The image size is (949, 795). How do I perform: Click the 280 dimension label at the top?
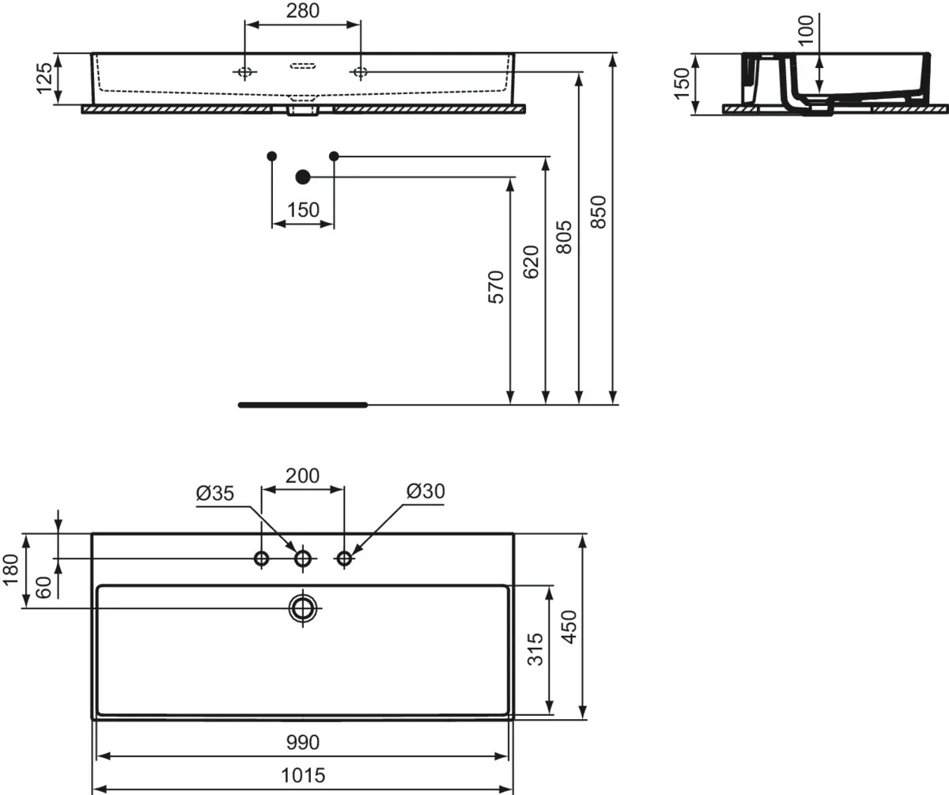[x=303, y=10]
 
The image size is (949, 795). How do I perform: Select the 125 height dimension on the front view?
[x=44, y=78]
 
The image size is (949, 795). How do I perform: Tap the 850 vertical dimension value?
[x=599, y=212]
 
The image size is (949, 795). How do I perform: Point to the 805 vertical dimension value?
[x=564, y=237]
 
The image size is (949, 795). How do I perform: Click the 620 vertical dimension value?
[x=531, y=262]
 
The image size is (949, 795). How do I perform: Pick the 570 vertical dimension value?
[x=496, y=287]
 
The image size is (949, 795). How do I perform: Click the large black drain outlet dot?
[x=303, y=177]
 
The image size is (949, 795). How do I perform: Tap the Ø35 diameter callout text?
[x=215, y=493]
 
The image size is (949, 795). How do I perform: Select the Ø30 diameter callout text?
[x=425, y=491]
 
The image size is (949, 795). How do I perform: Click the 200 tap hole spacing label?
[x=302, y=476]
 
